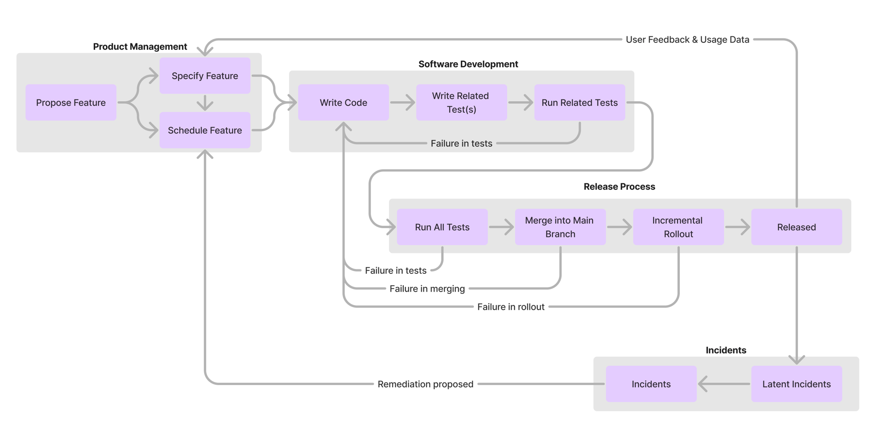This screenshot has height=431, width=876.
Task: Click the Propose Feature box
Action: click(x=71, y=102)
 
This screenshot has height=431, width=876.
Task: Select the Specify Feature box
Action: click(x=205, y=76)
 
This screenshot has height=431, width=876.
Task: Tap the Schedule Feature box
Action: click(x=205, y=130)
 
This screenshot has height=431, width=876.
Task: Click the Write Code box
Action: click(x=343, y=102)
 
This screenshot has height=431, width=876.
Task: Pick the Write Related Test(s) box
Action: click(x=461, y=102)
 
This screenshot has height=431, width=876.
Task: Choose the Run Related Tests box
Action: click(x=579, y=102)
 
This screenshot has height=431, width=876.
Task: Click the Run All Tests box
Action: click(x=442, y=227)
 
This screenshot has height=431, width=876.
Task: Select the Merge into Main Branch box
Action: click(x=560, y=227)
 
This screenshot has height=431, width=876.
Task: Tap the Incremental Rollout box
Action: click(x=678, y=227)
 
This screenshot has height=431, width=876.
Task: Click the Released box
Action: click(x=796, y=227)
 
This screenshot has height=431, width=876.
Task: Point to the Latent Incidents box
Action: click(x=796, y=384)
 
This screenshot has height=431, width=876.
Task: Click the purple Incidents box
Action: click(x=651, y=384)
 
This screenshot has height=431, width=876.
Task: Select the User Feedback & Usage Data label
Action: click(x=687, y=40)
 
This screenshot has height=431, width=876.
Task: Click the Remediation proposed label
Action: click(x=425, y=384)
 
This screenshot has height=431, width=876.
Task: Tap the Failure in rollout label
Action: click(x=511, y=307)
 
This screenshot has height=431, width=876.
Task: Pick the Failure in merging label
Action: click(x=427, y=289)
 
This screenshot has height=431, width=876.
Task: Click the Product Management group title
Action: click(x=140, y=47)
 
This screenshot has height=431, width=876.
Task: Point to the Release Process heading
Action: click(x=619, y=187)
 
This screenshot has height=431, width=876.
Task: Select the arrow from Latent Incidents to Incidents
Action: click(x=723, y=384)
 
